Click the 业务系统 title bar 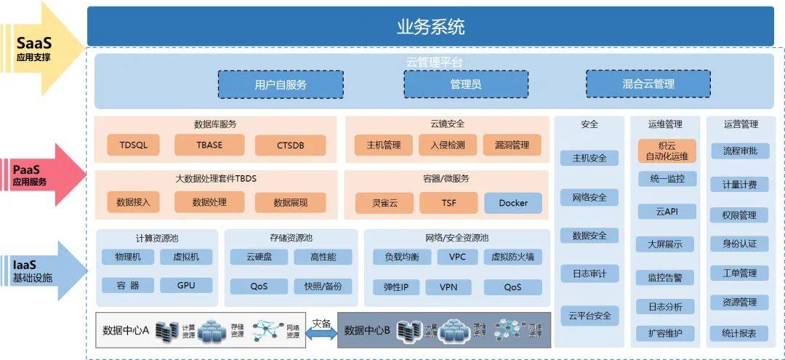pos(430,28)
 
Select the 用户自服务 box pos(281,84)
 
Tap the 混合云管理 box pos(648,84)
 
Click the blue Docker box pos(513,203)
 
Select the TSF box pos(448,203)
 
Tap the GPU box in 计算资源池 pos(186,285)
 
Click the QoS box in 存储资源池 pos(259,286)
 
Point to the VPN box pos(448,287)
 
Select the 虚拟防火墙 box pos(512,257)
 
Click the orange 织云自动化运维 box pos(667,151)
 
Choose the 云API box pos(667,212)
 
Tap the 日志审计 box pos(589,274)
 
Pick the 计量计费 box pos(739,185)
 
